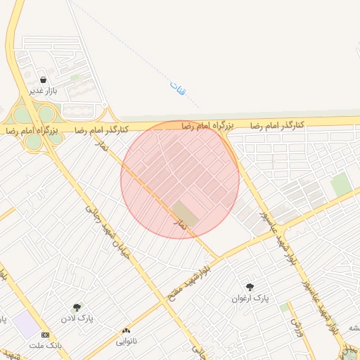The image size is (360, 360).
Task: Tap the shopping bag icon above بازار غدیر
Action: click(x=44, y=80)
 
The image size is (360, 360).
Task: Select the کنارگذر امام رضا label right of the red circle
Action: click(x=278, y=124)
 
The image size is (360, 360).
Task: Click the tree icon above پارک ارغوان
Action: click(x=250, y=286)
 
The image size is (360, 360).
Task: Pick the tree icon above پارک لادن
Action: click(x=77, y=307)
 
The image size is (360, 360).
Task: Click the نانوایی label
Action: click(x=127, y=342)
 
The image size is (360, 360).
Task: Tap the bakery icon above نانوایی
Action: click(x=127, y=330)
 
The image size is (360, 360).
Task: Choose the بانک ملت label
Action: click(x=46, y=346)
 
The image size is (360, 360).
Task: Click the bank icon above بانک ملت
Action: click(x=46, y=335)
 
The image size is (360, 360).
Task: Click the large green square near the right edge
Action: click(x=341, y=184)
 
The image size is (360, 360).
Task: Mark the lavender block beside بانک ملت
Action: click(x=26, y=325)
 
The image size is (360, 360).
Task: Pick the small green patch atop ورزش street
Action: click(x=284, y=307)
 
